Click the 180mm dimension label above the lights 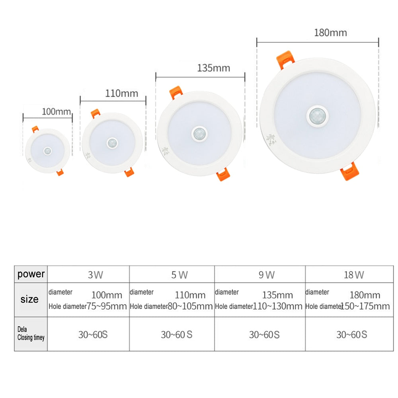[330, 33]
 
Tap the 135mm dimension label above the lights [214, 68]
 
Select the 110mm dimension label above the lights [122, 94]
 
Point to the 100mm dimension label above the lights [56, 112]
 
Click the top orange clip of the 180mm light [285, 58]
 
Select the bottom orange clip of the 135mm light [223, 174]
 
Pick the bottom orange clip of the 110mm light [129, 172]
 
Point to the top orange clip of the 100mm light [35, 129]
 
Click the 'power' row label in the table [31, 274]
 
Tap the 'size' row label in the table [30, 299]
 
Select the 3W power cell [96, 275]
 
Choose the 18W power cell [353, 275]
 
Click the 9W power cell [265, 275]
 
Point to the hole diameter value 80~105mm [190, 306]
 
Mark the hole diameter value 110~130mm [278, 306]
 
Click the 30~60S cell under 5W [176, 335]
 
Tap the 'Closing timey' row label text [31, 338]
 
